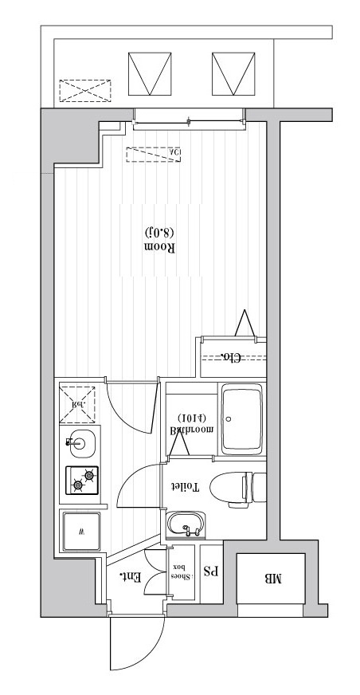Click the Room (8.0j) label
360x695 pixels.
[159, 239]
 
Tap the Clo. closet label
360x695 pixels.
[230, 357]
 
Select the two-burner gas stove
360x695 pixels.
[82, 480]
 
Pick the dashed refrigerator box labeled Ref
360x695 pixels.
[78, 402]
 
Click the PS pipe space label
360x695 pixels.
[211, 571]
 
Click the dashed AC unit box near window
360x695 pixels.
[154, 153]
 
